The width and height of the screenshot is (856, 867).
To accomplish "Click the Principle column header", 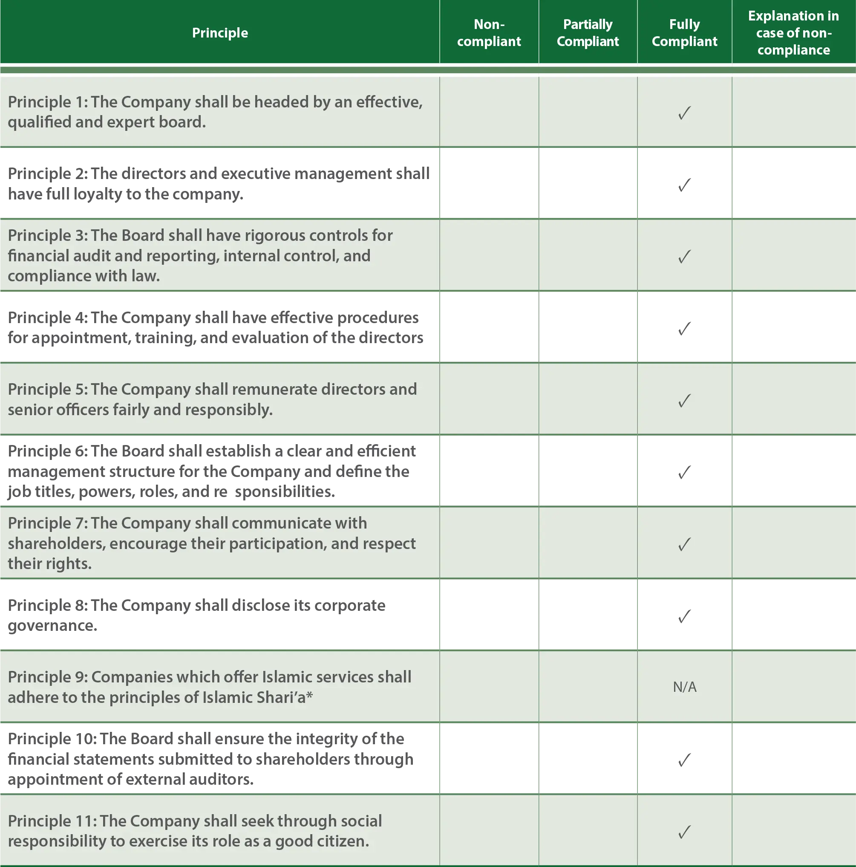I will pyautogui.click(x=220, y=33).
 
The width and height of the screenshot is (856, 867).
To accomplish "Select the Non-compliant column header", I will pyautogui.click(x=489, y=33).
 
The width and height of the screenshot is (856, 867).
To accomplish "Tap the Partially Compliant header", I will pyautogui.click(x=588, y=33).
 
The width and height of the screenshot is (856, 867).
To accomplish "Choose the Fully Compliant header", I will pyautogui.click(x=684, y=33).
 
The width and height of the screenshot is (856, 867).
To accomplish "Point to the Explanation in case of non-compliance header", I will pyautogui.click(x=793, y=33).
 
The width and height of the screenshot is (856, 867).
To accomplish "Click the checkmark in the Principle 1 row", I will pyautogui.click(x=684, y=113).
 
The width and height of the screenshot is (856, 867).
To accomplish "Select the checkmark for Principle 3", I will pyautogui.click(x=684, y=256).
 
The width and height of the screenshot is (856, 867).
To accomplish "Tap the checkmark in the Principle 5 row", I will pyautogui.click(x=684, y=400).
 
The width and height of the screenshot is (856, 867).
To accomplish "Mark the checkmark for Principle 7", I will pyautogui.click(x=684, y=544).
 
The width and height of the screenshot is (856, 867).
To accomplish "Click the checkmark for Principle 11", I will pyautogui.click(x=684, y=832).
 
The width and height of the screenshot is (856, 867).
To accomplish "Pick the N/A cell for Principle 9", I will pyautogui.click(x=685, y=687).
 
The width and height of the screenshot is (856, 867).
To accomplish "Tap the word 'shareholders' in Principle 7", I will pyautogui.click(x=56, y=544).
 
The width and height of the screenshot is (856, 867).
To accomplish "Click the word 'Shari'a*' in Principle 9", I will pyautogui.click(x=285, y=697).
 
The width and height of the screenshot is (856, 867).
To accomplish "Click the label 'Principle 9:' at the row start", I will pyautogui.click(x=47, y=677).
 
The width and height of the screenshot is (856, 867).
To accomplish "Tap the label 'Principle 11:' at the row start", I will pyautogui.click(x=52, y=821).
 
